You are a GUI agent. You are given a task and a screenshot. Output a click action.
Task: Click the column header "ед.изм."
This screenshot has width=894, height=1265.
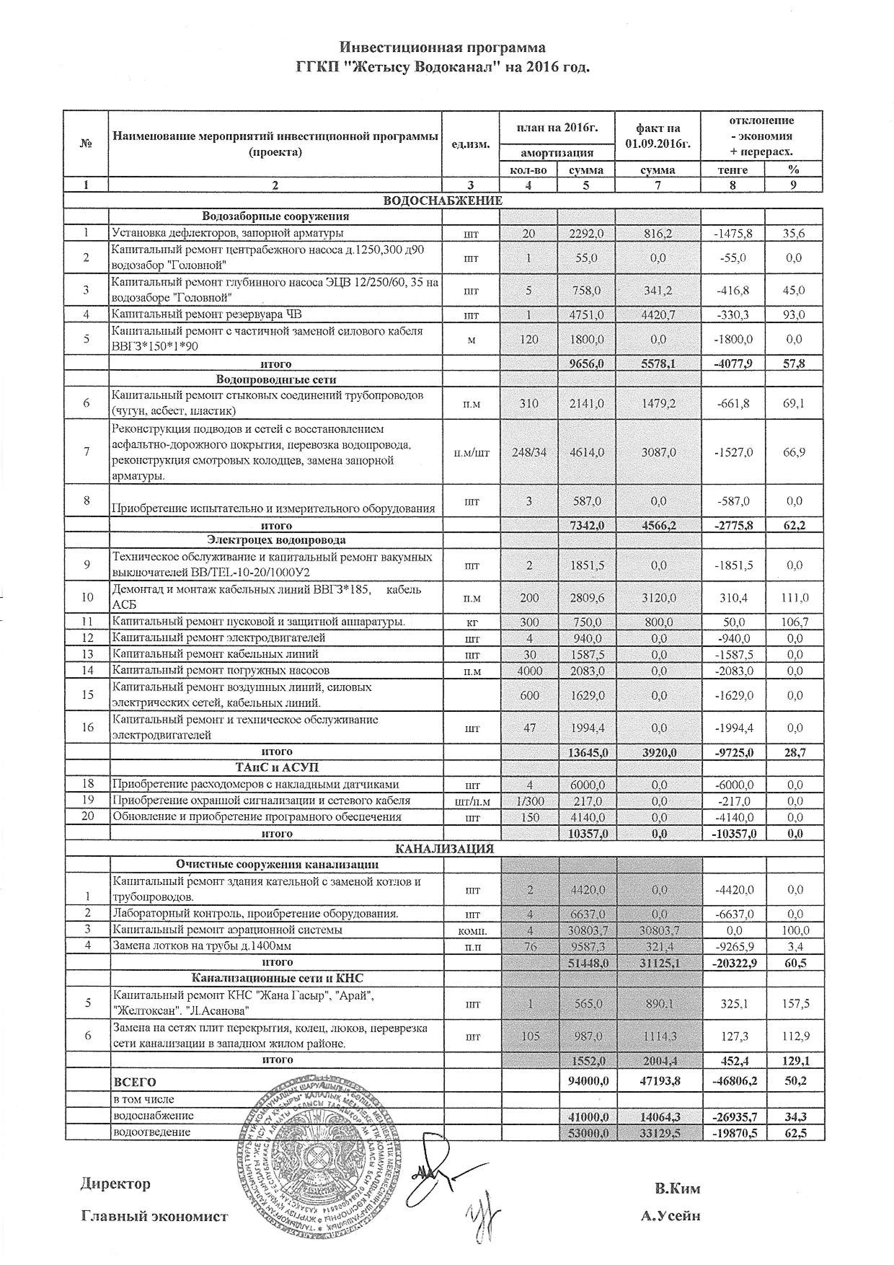[470, 144]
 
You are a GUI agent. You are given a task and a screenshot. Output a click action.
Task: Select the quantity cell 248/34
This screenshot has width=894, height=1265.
[529, 452]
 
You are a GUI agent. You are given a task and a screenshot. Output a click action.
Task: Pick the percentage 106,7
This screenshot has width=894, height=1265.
[794, 622]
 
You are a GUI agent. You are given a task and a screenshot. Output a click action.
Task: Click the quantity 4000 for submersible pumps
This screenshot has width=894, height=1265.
[529, 670]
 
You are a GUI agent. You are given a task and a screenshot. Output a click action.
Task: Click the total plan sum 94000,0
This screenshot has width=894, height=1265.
[587, 1081]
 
